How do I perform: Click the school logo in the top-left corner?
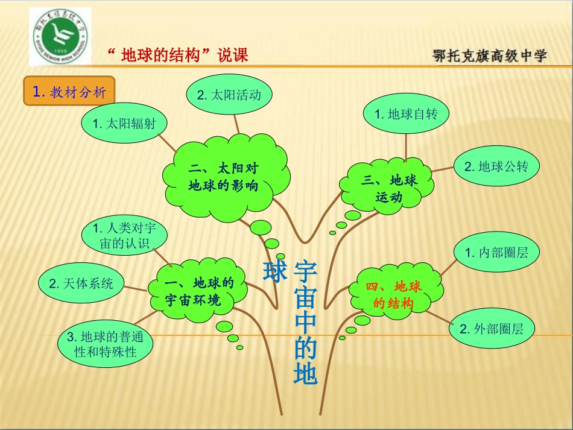(x=59, y=36)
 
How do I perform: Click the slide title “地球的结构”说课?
(x=177, y=55)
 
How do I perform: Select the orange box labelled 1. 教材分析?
(x=69, y=92)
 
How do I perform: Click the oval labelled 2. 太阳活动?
(x=229, y=95)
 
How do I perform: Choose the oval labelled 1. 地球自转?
(x=407, y=113)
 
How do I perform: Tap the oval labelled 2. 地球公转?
(x=496, y=166)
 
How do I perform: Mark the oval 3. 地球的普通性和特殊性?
(x=106, y=344)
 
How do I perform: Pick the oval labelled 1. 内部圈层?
(x=496, y=253)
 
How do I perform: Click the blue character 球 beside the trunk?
(x=274, y=273)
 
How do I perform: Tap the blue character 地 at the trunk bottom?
(x=305, y=374)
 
